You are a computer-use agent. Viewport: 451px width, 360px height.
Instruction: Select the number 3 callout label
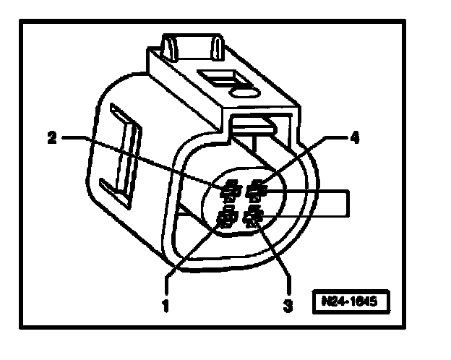point(288,306)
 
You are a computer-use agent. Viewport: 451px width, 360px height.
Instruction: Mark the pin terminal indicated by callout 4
point(256,192)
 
